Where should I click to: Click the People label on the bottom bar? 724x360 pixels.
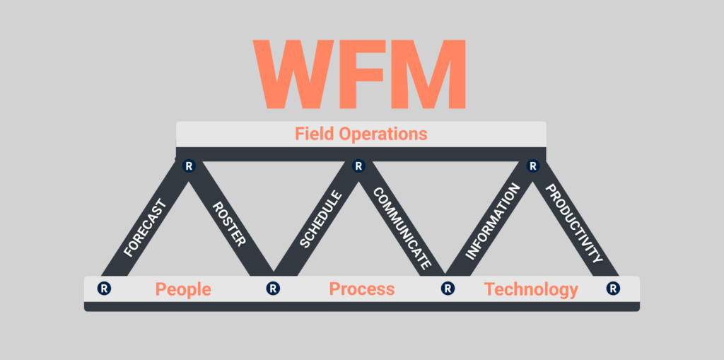183,289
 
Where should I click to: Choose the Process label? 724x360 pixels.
362,289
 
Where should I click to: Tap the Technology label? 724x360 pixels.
531,289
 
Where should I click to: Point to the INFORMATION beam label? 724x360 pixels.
492,221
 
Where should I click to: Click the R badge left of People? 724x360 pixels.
104,289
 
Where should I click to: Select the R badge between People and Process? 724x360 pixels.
273,289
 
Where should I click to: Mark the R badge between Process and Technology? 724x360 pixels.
447,289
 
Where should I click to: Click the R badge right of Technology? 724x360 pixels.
613,289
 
